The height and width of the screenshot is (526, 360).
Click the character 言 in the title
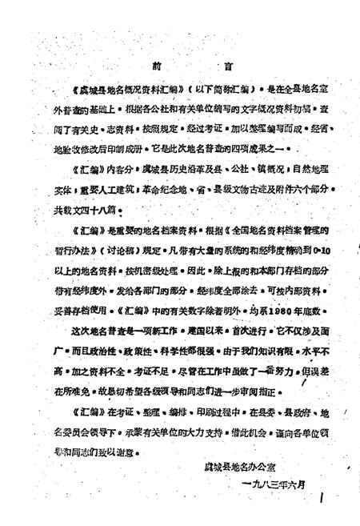click(208, 63)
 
